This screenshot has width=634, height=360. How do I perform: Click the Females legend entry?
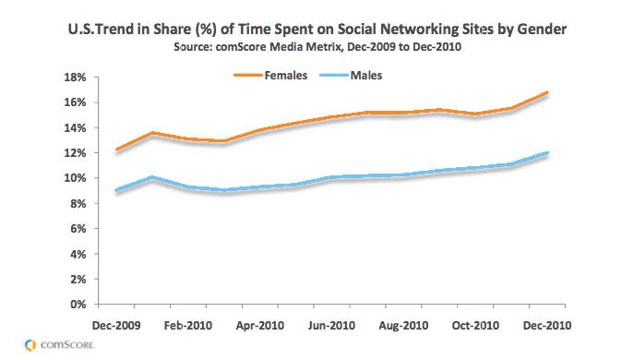[270, 76]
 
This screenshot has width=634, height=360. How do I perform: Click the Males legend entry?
[351, 76]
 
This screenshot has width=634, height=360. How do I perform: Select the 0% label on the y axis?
[78, 305]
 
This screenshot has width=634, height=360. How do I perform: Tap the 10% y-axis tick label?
[75, 178]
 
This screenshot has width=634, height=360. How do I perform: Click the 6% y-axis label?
[78, 229]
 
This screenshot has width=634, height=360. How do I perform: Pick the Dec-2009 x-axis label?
[116, 326]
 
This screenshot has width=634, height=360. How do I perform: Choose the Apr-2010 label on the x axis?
[260, 326]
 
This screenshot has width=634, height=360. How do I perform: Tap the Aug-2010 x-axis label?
[403, 326]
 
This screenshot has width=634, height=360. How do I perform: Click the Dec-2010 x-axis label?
[547, 326]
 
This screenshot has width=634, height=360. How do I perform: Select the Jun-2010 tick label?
[331, 326]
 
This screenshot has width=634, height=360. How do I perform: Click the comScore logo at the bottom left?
[59, 345]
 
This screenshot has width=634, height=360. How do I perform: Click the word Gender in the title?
[542, 30]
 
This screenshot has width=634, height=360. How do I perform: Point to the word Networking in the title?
[424, 30]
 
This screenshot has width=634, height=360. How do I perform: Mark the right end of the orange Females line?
[547, 92]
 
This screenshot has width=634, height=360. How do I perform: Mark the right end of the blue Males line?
[547, 153]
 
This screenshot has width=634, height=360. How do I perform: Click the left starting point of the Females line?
[116, 150]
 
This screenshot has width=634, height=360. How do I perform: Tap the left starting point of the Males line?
[116, 190]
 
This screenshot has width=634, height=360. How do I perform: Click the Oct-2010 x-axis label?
[475, 326]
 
